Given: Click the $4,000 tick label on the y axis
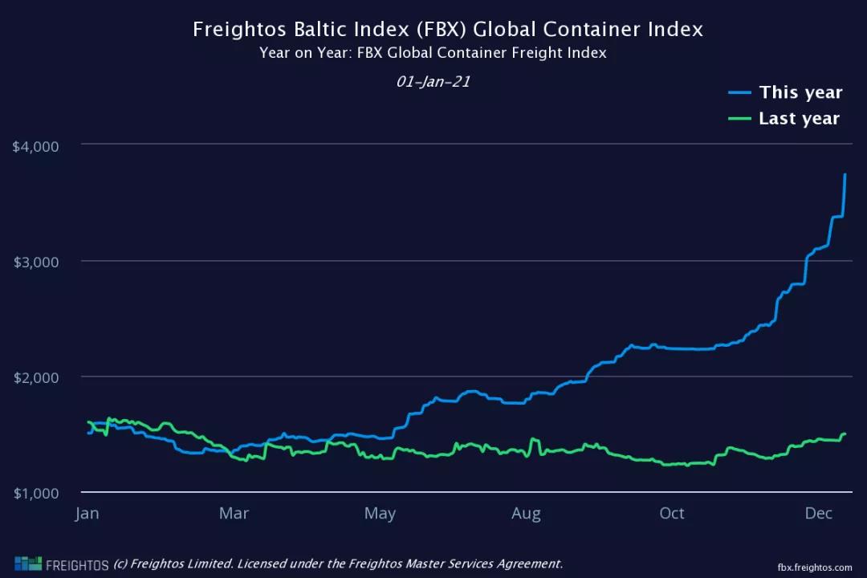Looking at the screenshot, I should (x=36, y=146).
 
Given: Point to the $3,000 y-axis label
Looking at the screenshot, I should (x=36, y=262).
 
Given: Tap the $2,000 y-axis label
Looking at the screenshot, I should (x=36, y=377).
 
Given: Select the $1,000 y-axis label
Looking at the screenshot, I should (x=36, y=493).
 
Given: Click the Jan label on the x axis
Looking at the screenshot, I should (x=88, y=513).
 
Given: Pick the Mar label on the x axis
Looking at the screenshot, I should (x=234, y=513).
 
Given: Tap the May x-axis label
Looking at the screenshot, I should (x=380, y=513).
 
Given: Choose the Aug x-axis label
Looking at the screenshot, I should (x=526, y=513).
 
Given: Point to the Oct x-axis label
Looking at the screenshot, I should (x=672, y=513).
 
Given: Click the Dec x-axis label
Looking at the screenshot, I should (x=818, y=513).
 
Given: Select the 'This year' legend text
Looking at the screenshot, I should (x=800, y=92).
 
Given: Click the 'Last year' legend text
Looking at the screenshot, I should (x=799, y=119).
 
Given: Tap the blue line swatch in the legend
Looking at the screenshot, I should (x=739, y=92).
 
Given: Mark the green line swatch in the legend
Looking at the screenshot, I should (x=739, y=119).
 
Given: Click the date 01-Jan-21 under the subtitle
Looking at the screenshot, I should (x=433, y=82).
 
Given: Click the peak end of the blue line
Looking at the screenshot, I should (x=845, y=175).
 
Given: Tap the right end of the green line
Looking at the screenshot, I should (x=845, y=434).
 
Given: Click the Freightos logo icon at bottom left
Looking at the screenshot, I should (x=27, y=564).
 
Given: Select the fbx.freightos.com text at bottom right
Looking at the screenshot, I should (x=815, y=567).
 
